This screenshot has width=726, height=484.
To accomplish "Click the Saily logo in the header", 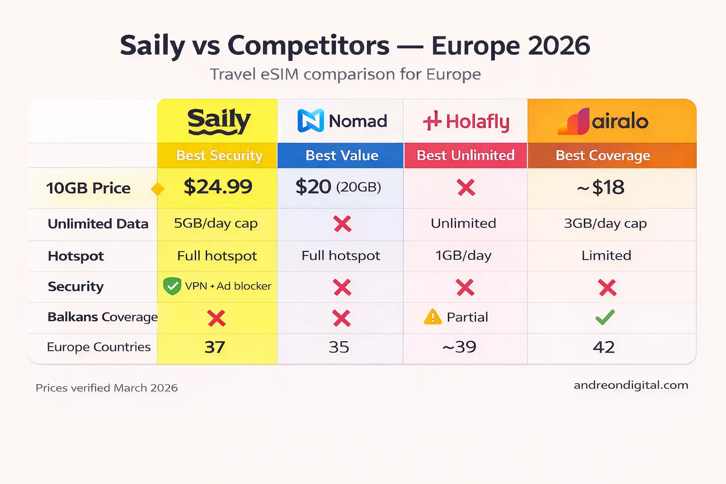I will pyautogui.click(x=219, y=121).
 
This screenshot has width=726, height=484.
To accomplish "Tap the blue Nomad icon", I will pyautogui.click(x=311, y=121).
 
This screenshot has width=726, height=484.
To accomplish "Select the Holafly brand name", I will pyautogui.click(x=477, y=121).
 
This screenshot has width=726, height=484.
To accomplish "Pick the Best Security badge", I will pyautogui.click(x=219, y=156).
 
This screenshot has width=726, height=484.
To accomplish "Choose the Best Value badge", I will pyautogui.click(x=342, y=156).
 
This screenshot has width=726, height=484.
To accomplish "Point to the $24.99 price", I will pyautogui.click(x=218, y=187).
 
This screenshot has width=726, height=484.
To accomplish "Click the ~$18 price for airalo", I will pyautogui.click(x=601, y=188).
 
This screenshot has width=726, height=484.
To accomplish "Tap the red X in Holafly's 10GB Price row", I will pyautogui.click(x=466, y=188).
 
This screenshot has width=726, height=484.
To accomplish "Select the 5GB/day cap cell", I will pyautogui.click(x=216, y=223).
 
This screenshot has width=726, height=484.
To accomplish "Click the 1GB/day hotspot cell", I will pyautogui.click(x=463, y=256).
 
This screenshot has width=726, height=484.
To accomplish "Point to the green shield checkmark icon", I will pyautogui.click(x=172, y=286).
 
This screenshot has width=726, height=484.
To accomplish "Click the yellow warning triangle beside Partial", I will pyautogui.click(x=432, y=317).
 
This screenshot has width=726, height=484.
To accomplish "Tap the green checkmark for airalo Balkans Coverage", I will pyautogui.click(x=605, y=317).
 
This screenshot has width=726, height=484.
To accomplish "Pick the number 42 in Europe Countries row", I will pyautogui.click(x=604, y=347).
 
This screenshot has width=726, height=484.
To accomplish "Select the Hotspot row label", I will pyautogui.click(x=76, y=256).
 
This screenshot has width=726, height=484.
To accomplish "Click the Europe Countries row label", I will pyautogui.click(x=99, y=347).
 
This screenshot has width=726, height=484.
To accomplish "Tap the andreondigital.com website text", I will pyautogui.click(x=631, y=385).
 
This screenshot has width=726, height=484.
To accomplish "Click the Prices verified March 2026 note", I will pyautogui.click(x=107, y=388).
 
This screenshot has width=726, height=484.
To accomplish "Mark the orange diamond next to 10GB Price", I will pyautogui.click(x=157, y=189).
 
